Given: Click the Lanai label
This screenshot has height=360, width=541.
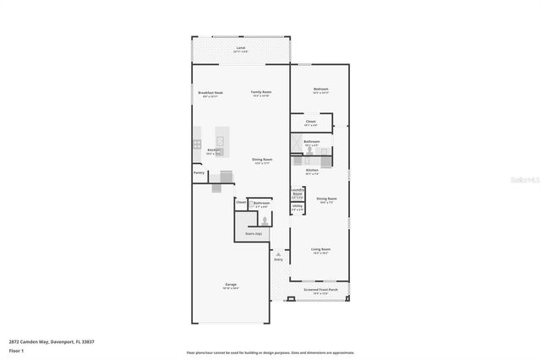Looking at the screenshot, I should [x=241, y=48].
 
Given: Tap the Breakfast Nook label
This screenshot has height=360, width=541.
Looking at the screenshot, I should [x=210, y=92].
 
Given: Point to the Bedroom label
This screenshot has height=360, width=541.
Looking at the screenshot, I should [x=320, y=89].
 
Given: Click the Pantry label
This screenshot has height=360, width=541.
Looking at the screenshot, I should [x=199, y=172].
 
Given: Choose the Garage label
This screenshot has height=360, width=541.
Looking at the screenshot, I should [x=230, y=285].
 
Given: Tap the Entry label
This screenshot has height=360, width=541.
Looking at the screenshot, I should [x=278, y=259].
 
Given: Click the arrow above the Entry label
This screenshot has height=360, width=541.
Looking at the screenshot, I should [x=278, y=251].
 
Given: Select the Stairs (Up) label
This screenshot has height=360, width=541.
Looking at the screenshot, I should [x=254, y=233].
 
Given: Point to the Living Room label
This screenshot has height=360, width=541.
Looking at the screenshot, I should [x=320, y=249].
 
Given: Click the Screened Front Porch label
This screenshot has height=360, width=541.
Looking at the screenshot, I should [x=320, y=290].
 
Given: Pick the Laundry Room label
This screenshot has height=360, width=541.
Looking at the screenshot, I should [x=298, y=192].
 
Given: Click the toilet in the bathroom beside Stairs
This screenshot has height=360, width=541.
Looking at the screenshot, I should [x=263, y=218].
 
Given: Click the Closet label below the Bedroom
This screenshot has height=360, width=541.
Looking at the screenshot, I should [x=311, y=121].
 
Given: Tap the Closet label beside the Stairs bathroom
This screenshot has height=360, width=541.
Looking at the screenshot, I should [x=241, y=203].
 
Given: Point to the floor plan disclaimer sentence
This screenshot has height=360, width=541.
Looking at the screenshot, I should [x=270, y=352].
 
